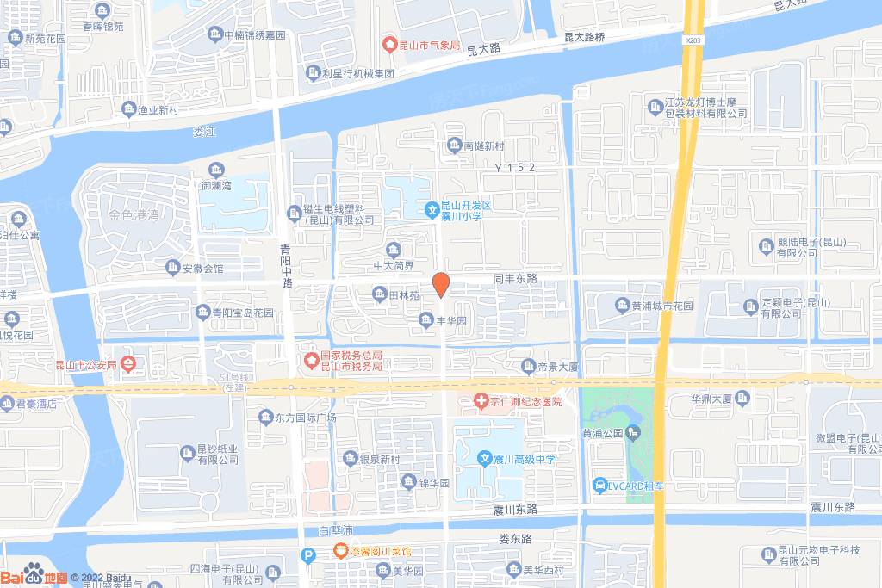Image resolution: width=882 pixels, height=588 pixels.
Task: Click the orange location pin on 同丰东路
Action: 440,283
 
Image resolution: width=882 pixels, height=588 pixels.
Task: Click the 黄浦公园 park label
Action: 600,432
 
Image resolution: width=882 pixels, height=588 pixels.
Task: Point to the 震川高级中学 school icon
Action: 485,460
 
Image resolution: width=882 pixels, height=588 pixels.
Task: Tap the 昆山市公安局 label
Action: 83,364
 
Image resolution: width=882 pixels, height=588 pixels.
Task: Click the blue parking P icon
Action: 307,556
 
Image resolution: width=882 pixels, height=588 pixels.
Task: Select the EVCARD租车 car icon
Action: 599,486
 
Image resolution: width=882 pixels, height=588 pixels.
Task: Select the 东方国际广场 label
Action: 297,418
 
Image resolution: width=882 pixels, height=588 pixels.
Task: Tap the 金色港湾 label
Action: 134,214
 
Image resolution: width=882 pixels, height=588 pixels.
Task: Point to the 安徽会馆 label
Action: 195,269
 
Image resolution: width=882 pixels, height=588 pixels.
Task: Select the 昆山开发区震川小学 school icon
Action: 432,208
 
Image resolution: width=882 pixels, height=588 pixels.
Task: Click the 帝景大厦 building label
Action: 560,367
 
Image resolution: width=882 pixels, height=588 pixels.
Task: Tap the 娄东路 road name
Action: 515,539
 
